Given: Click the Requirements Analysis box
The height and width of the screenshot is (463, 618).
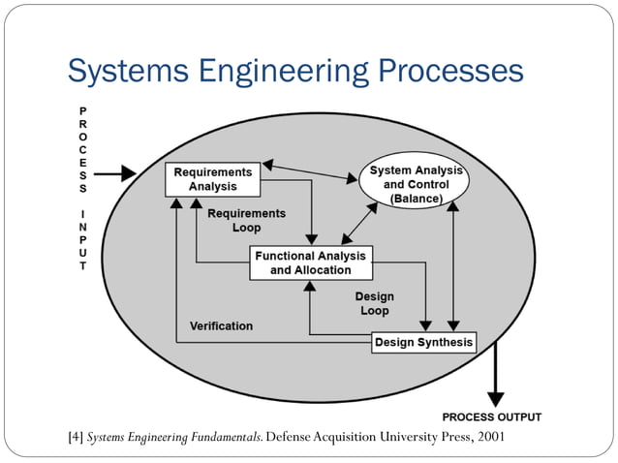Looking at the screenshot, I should [213, 179].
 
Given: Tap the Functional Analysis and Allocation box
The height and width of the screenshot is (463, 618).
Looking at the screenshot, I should [311, 262].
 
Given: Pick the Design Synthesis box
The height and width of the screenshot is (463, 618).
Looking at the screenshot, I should [423, 342].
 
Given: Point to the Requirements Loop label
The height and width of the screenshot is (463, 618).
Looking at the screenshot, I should [246, 221].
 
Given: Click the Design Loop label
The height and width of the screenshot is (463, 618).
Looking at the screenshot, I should [375, 304].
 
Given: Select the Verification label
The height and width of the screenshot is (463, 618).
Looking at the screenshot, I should [221, 326].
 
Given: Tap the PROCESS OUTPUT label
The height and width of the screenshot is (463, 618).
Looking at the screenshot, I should [491, 417].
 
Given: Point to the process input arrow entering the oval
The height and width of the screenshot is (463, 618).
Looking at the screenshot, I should [115, 174].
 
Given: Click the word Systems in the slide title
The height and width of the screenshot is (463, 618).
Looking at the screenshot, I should [128, 72].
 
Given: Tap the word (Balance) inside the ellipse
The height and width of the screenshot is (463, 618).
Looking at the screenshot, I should [416, 199].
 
